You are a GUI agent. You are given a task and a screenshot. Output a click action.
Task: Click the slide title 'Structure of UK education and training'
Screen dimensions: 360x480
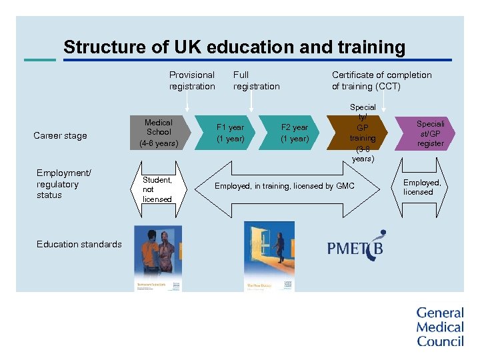coord(234,47)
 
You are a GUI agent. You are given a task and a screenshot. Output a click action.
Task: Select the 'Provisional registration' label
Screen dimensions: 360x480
coord(192,81)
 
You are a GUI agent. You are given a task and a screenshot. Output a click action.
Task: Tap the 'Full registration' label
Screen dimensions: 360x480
coord(256,81)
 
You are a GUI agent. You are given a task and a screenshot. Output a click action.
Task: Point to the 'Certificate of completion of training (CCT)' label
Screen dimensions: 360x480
coord(381,81)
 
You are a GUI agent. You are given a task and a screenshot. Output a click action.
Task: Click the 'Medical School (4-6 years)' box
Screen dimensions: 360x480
coord(159,133)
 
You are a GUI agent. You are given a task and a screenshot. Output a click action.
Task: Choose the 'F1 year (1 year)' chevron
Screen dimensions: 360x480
coord(231,133)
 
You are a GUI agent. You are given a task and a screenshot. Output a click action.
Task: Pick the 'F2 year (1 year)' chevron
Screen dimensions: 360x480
coord(294,133)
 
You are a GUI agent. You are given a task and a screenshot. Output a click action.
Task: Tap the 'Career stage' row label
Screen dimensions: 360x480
coord(60,136)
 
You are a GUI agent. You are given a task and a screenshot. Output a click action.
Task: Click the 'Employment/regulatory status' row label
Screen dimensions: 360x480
coord(63,185)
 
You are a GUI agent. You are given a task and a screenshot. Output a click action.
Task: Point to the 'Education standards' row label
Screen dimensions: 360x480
coord(79,244)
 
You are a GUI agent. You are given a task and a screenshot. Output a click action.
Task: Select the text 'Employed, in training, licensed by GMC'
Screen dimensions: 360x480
coord(284,186)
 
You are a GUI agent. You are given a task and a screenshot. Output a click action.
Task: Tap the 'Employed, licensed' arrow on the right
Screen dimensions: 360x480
coord(422,187)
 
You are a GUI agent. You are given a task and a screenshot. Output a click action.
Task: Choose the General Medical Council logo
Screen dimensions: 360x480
coord(439,327)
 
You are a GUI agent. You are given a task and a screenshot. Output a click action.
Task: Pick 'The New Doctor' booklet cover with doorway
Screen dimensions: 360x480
coord(269,257)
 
